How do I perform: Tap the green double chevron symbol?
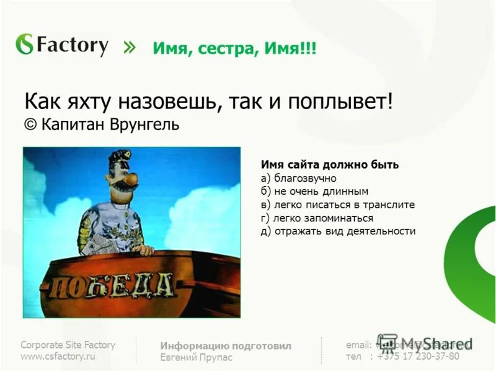[x=128, y=47]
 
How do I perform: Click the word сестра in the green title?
[x=221, y=48]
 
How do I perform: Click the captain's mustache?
[x=129, y=182]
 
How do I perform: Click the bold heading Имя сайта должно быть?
[x=329, y=165]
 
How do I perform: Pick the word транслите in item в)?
[x=389, y=205]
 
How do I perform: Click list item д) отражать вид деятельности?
[x=338, y=231]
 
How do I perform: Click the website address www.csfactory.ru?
[x=58, y=356]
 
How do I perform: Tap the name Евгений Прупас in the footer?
[x=196, y=358]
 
